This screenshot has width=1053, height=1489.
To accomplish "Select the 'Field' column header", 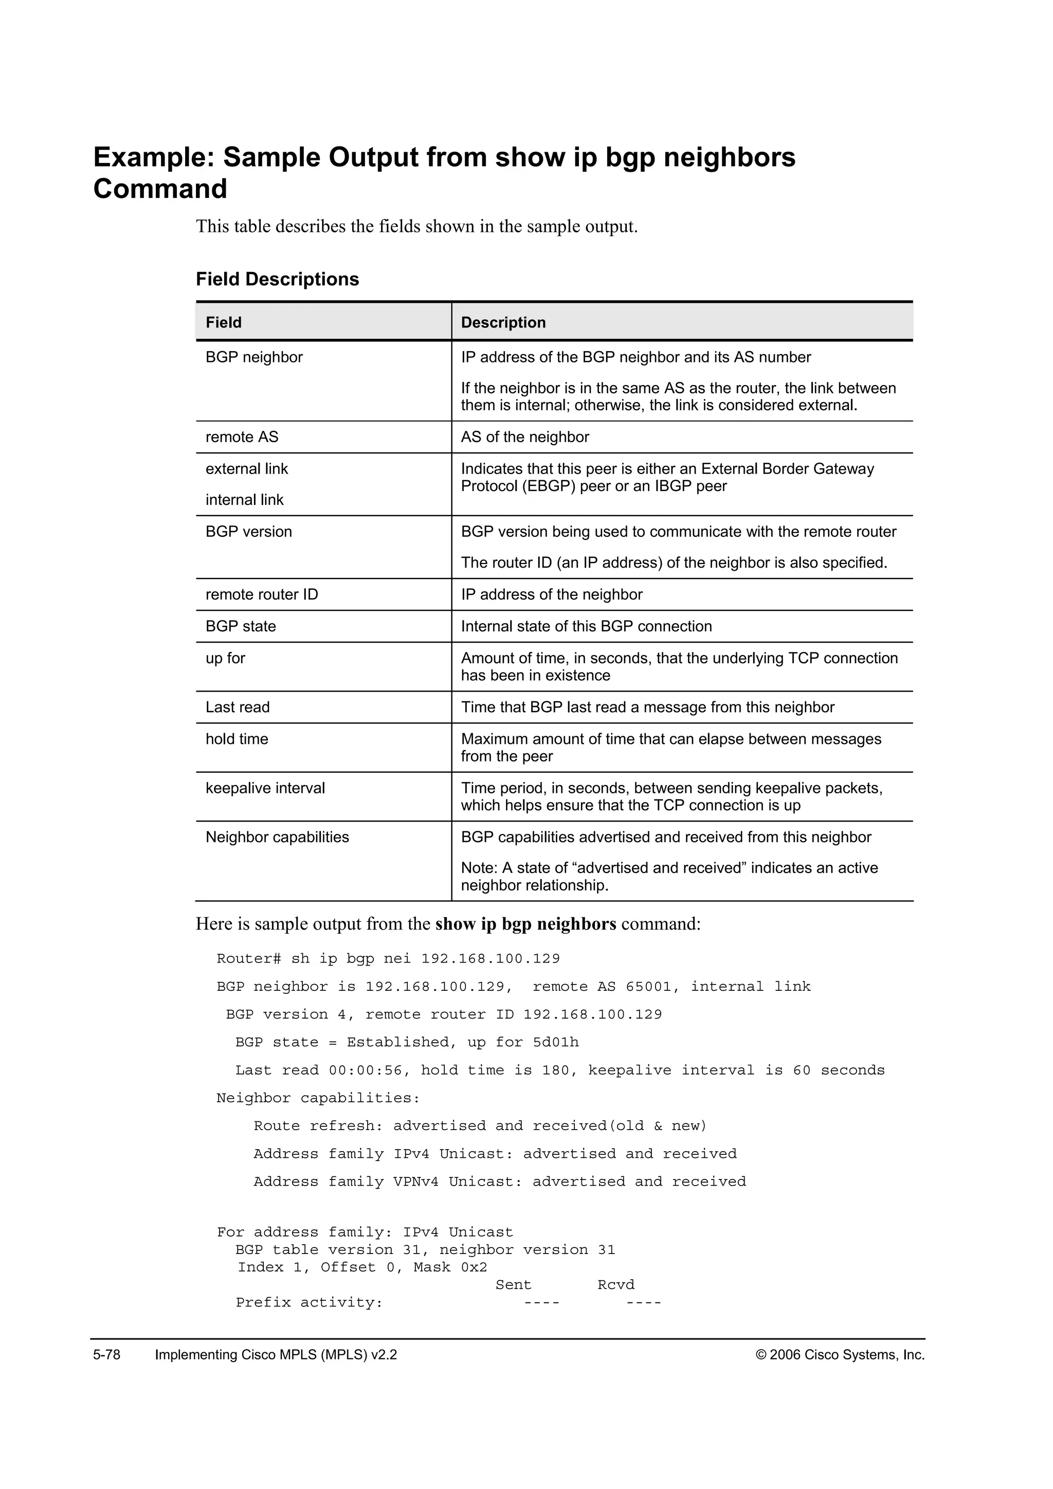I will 223,322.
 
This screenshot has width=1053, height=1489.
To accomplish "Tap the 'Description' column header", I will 503,322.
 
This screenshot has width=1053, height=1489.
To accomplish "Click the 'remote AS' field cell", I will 242,437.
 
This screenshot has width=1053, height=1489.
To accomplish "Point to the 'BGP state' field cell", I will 241,626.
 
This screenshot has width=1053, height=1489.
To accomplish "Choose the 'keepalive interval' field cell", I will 265,788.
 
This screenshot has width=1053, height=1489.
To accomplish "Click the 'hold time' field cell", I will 237,739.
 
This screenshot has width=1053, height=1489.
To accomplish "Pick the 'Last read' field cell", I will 238,707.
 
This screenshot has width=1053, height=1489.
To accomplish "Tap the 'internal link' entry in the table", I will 244,500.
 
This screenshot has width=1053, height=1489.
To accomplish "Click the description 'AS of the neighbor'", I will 524,437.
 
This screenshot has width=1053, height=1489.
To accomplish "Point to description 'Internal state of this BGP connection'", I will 586,626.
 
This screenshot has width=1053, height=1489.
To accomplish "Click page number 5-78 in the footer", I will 107,1355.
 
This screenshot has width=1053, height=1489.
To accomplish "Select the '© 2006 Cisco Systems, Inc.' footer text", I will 840,1355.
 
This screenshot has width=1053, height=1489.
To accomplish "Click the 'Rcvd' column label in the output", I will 615,1285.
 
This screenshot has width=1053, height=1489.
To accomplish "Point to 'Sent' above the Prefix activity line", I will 513,1285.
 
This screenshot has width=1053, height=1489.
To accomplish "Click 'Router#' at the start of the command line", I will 248,959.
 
